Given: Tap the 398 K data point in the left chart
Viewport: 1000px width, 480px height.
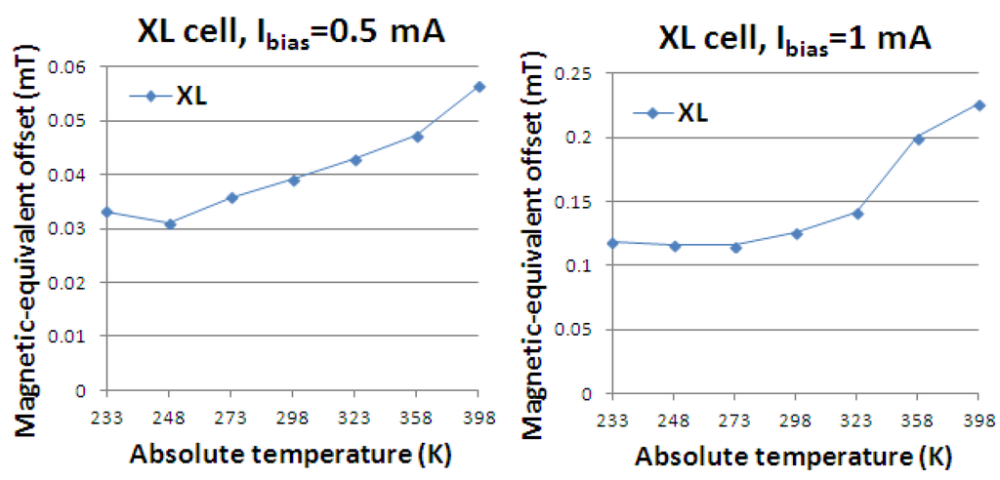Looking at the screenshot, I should pos(479,87).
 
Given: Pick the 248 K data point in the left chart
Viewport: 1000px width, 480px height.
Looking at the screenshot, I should pos(170,223).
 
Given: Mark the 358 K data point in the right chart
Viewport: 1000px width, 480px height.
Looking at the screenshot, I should pos(918,139).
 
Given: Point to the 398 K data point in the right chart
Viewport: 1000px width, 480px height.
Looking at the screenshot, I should pos(979,105).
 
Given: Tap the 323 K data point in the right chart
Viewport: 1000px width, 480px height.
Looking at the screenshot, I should pos(857,213).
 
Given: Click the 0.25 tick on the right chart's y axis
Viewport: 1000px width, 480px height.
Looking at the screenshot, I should pos(576,73).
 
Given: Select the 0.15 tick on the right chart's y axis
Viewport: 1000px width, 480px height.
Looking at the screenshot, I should pos(576,202).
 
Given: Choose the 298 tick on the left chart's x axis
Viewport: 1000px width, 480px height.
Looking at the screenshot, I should pos(293,418).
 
